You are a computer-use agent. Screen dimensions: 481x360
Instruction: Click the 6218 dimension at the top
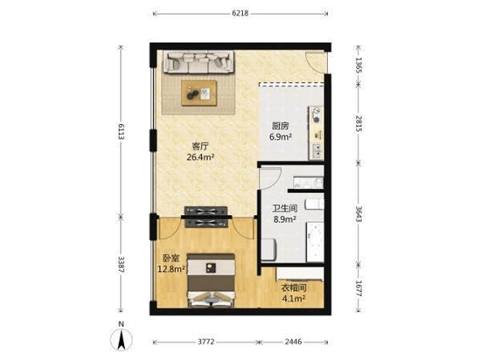coord(240,13)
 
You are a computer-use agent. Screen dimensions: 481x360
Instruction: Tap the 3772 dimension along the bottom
coord(206,342)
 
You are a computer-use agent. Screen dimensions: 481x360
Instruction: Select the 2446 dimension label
coord(294,342)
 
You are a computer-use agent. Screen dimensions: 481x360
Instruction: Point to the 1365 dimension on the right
coord(359,65)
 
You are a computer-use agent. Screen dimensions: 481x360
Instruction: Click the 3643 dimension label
coord(359,214)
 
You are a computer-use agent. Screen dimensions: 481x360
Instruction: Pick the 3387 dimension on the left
coord(122,265)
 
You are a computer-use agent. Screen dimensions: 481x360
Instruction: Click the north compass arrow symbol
coord(122,340)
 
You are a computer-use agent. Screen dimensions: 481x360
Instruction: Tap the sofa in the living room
coord(199,62)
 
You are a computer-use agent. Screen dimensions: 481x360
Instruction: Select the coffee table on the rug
coord(199,93)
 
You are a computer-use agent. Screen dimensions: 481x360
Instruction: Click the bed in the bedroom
coord(211,280)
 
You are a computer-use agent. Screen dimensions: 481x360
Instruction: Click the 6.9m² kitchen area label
coord(281,137)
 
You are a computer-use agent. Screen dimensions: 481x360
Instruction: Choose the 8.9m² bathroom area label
coord(285,219)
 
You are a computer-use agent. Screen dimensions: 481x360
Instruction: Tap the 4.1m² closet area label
coord(294,298)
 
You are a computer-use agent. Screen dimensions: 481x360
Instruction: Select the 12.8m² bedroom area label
coord(171,269)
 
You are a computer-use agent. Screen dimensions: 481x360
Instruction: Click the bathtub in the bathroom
coord(315,242)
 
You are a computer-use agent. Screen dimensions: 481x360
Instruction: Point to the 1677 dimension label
coord(359,288)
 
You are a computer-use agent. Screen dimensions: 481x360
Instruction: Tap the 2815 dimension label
coord(359,124)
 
